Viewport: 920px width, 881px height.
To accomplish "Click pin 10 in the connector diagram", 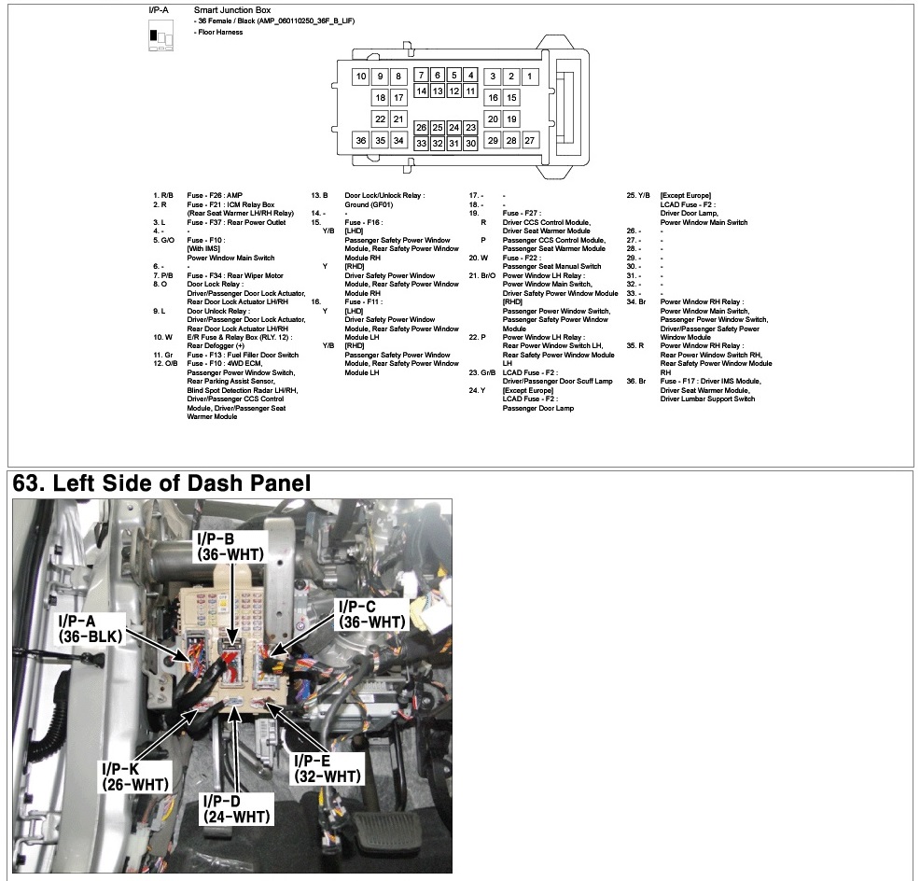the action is [x=361, y=77].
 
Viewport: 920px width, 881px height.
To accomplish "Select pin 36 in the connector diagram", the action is [x=361, y=140].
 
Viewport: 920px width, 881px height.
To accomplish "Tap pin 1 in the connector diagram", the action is [x=530, y=77].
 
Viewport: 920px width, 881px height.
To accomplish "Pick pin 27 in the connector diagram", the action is [x=530, y=140].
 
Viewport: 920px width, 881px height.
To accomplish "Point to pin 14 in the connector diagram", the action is [x=421, y=91].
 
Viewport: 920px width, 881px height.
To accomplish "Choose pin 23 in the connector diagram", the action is [x=470, y=127].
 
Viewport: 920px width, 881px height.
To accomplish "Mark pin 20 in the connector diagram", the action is [x=493, y=119].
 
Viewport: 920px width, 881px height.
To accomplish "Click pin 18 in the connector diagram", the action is [x=380, y=97].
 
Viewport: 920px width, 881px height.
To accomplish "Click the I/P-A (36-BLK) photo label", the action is [x=90, y=629].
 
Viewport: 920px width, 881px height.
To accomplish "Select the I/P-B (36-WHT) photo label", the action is [x=230, y=547].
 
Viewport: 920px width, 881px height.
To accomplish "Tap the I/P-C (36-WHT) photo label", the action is [x=372, y=614].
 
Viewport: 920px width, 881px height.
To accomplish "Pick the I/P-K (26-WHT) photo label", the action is [x=135, y=776].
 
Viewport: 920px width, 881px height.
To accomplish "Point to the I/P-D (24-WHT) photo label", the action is [x=236, y=809].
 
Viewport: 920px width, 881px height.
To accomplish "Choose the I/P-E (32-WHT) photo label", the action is [x=327, y=769].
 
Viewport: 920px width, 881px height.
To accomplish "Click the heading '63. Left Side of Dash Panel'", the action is [x=161, y=483].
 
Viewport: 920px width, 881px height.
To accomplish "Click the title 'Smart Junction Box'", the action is [x=232, y=10].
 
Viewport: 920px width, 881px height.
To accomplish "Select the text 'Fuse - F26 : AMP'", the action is [x=215, y=195].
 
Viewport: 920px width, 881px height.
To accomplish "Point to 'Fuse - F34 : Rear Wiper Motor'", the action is [x=235, y=275].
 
